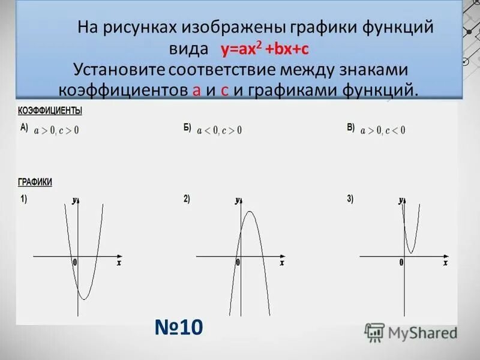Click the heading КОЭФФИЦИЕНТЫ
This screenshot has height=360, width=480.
pyautogui.click(x=50, y=111)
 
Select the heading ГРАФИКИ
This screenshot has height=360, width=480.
pyautogui.click(x=35, y=182)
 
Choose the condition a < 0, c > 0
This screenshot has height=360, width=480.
pyautogui.click(x=219, y=130)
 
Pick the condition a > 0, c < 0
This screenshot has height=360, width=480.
pyautogui.click(x=383, y=130)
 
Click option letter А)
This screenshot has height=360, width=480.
pyautogui.click(x=24, y=127)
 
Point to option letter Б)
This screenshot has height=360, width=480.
pyautogui.click(x=187, y=128)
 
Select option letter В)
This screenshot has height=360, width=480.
pyautogui.click(x=350, y=128)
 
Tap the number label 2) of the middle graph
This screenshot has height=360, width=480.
pyautogui.click(x=187, y=200)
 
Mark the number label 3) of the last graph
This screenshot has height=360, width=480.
pyautogui.click(x=350, y=200)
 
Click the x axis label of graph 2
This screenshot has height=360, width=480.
pyautogui.click(x=282, y=263)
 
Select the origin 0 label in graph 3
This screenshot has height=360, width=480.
pyautogui.click(x=401, y=263)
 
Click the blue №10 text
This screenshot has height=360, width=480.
pyautogui.click(x=179, y=328)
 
